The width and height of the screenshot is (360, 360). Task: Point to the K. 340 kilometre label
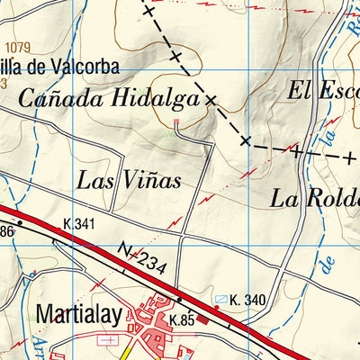(x=247, y=300)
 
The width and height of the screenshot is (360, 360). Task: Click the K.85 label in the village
(x=181, y=319)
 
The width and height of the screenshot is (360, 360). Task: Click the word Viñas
(x=149, y=179)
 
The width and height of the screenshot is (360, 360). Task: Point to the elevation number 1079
(x=17, y=47)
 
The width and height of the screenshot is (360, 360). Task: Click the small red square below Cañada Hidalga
(x=176, y=121)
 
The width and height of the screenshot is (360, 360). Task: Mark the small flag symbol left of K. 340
(x=221, y=298)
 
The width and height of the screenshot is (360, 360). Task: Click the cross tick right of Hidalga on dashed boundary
(x=211, y=101)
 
